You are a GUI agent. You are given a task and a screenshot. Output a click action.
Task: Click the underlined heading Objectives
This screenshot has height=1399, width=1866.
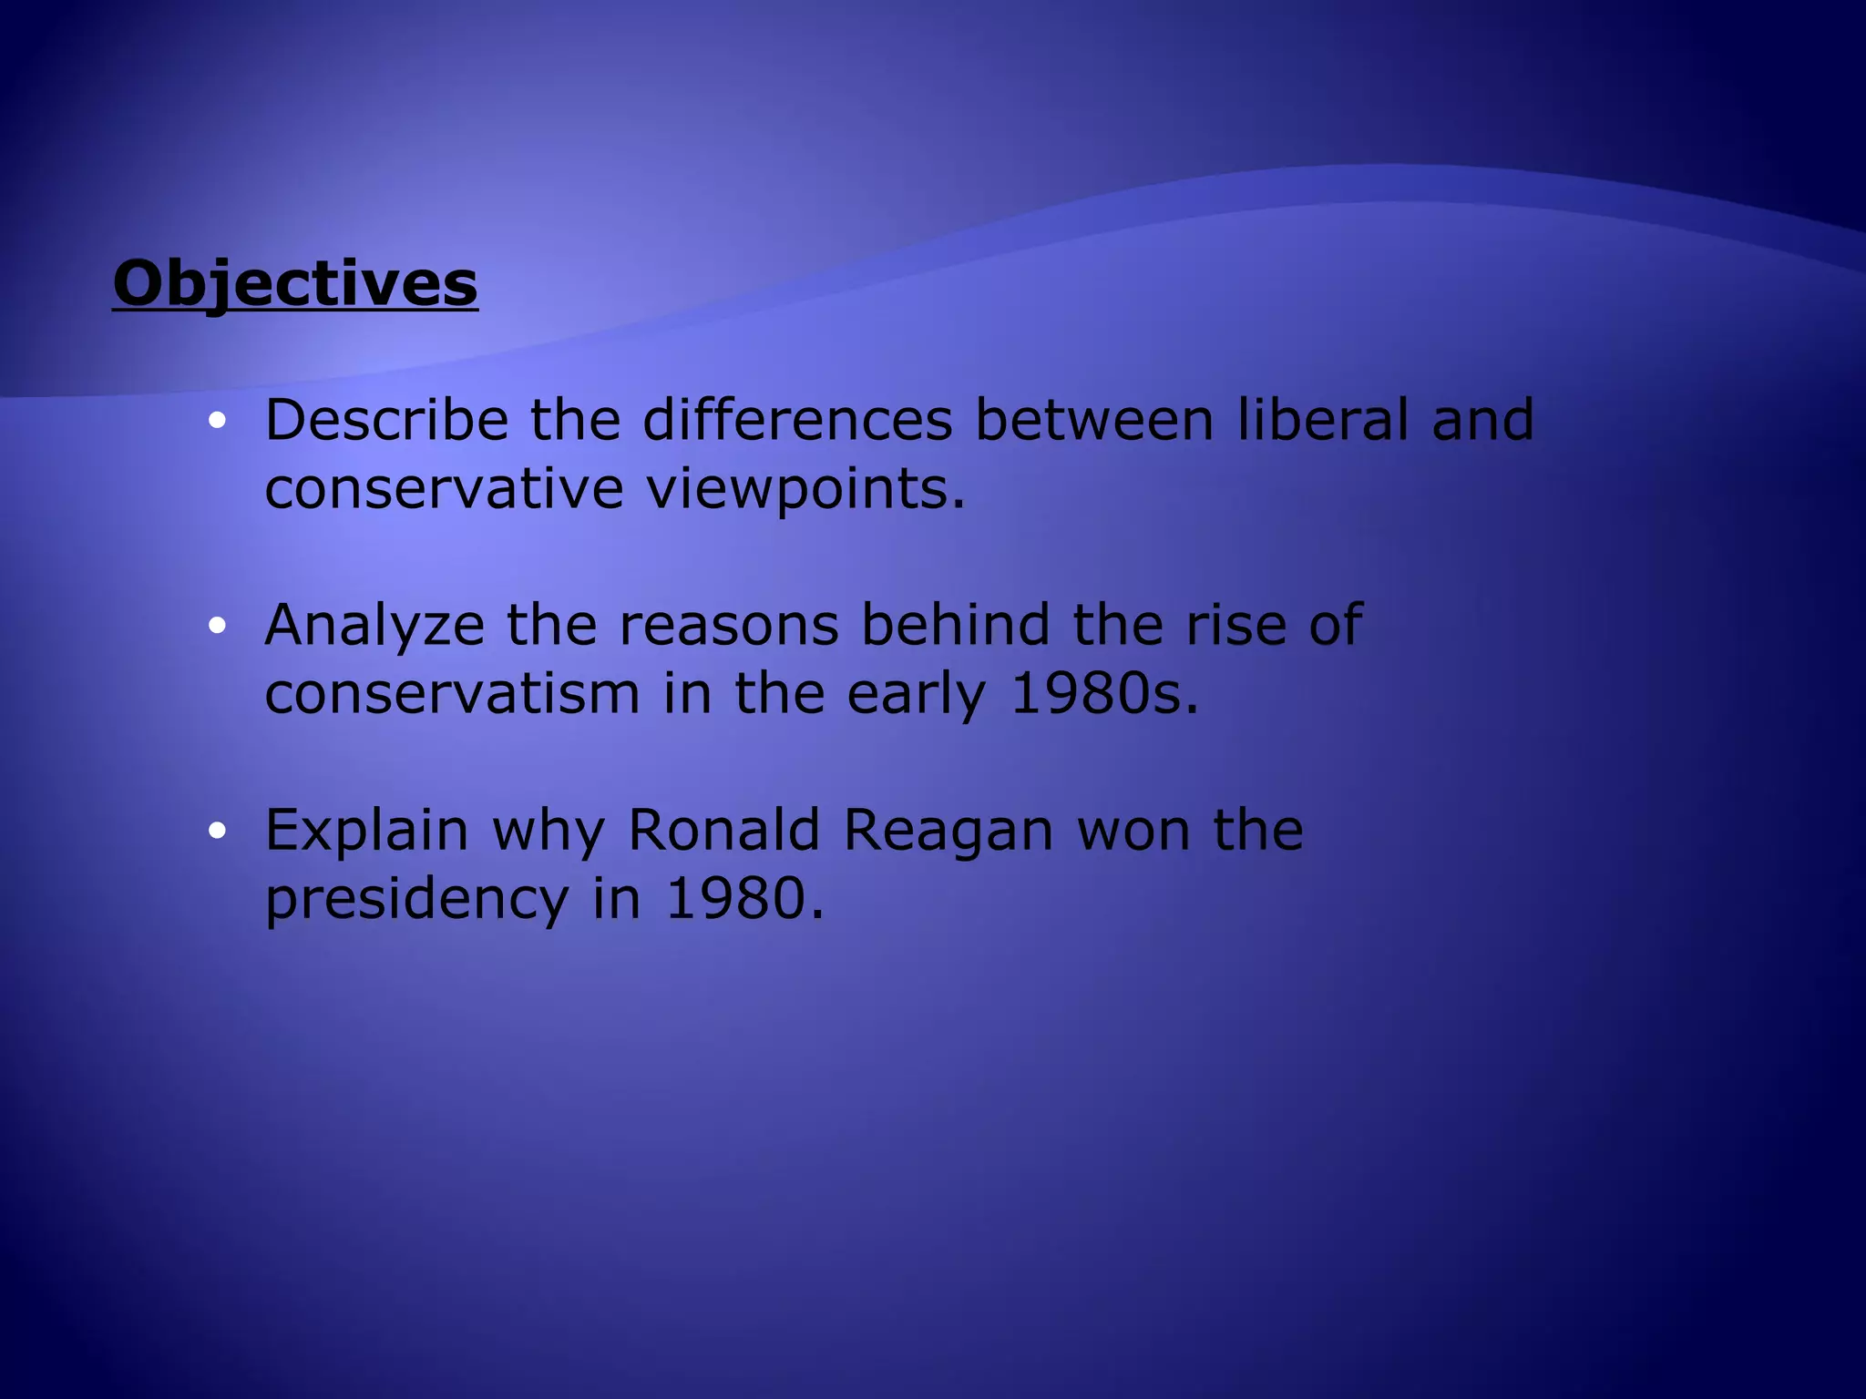tap(295, 283)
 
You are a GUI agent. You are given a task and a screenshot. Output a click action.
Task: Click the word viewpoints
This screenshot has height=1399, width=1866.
tap(805, 490)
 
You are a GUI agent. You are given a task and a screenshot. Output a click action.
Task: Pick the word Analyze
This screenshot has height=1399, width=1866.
tap(374, 626)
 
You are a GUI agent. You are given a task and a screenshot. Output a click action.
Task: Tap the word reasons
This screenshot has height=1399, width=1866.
tap(729, 626)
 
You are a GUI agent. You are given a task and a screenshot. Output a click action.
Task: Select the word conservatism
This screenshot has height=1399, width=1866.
tap(452, 694)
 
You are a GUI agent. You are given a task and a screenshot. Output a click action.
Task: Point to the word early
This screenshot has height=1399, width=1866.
tap(917, 696)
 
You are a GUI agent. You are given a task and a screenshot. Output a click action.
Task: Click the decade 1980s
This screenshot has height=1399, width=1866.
tap(1104, 694)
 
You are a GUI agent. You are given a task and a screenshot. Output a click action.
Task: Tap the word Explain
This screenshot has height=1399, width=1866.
tap(366, 832)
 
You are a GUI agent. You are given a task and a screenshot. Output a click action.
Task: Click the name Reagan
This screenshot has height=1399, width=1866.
tap(948, 832)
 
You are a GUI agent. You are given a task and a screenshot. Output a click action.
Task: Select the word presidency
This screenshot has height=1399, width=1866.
tap(416, 900)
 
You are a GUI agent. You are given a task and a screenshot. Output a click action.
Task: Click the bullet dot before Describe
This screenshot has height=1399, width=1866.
tap(216, 421)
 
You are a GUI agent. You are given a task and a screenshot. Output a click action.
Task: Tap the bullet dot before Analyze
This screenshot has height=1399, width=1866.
tap(216, 626)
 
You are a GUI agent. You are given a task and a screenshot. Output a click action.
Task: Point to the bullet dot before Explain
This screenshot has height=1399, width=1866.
tap(216, 831)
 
